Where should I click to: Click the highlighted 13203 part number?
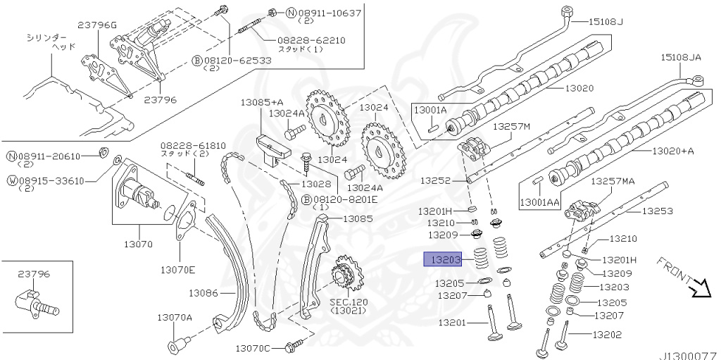(x=441, y=260)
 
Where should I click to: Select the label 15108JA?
(x=681, y=56)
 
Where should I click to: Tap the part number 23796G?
(x=97, y=26)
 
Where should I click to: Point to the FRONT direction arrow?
(x=701, y=287)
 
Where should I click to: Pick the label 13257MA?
(x=612, y=181)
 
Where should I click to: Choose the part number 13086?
(x=204, y=292)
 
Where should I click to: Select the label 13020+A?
(x=673, y=151)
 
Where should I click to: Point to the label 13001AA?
(x=539, y=203)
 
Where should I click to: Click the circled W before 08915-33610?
(x=12, y=180)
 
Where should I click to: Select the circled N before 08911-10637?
(x=271, y=13)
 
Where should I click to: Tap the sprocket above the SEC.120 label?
(x=343, y=275)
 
